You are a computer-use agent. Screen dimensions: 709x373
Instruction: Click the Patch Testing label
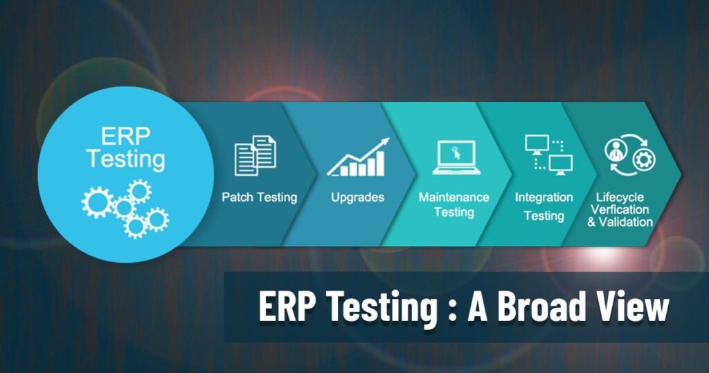coord(260,198)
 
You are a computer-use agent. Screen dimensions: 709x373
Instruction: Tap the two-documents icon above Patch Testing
coord(255,155)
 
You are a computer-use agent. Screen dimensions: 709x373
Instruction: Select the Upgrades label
coord(358,198)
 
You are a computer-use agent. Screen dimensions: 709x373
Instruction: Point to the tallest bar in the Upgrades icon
coord(380,163)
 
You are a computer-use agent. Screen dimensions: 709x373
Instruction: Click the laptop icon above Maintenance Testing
coord(456,157)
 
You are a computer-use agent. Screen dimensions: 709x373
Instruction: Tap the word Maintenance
coord(454,198)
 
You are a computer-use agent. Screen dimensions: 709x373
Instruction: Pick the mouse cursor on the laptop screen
coord(456,153)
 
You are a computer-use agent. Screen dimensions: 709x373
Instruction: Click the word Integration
coord(544,198)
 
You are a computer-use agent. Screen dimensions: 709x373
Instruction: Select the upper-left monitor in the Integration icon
coord(537,144)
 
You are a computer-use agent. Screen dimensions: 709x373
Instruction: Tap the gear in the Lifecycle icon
coord(644,159)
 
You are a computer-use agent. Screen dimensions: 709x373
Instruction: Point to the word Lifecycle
coord(620,198)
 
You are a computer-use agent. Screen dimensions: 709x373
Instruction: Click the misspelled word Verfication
coord(620,209)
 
